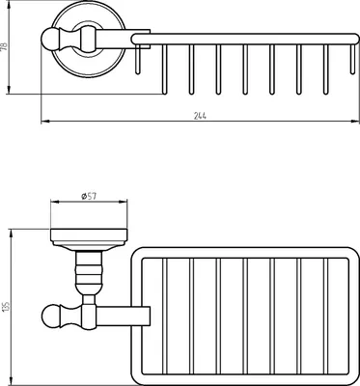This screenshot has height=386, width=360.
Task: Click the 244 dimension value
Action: pos(200,116)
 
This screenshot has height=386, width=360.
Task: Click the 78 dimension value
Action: pos(4,46)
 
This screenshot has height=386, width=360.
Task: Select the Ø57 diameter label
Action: pos(89,196)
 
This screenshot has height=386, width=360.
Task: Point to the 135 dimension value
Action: pos(5,306)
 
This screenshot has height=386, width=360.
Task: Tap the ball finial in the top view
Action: pos(49,40)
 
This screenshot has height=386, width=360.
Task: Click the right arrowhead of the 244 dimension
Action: pos(355,122)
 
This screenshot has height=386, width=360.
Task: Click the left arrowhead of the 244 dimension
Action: pos(45,122)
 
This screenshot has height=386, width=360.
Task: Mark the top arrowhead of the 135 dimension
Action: pos(12,234)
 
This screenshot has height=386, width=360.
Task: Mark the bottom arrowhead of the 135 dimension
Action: pos(12,381)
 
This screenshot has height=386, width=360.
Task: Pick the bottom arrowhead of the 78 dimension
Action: pos(9,90)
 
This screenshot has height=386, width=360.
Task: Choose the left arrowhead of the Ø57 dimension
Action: pos(55,202)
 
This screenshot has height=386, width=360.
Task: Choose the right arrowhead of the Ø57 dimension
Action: pos(123,202)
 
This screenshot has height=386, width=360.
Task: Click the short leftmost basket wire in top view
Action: pos(138,59)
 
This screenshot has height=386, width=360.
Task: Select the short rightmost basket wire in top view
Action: pos(353,59)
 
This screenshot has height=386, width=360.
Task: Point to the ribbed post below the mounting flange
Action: pos(89,273)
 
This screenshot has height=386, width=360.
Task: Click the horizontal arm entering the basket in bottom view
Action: pos(124,316)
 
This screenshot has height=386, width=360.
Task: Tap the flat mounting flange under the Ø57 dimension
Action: pos(89,235)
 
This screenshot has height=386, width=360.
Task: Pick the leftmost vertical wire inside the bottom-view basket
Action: pos(165,317)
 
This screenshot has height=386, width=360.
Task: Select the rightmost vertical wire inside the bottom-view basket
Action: pos(325,317)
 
